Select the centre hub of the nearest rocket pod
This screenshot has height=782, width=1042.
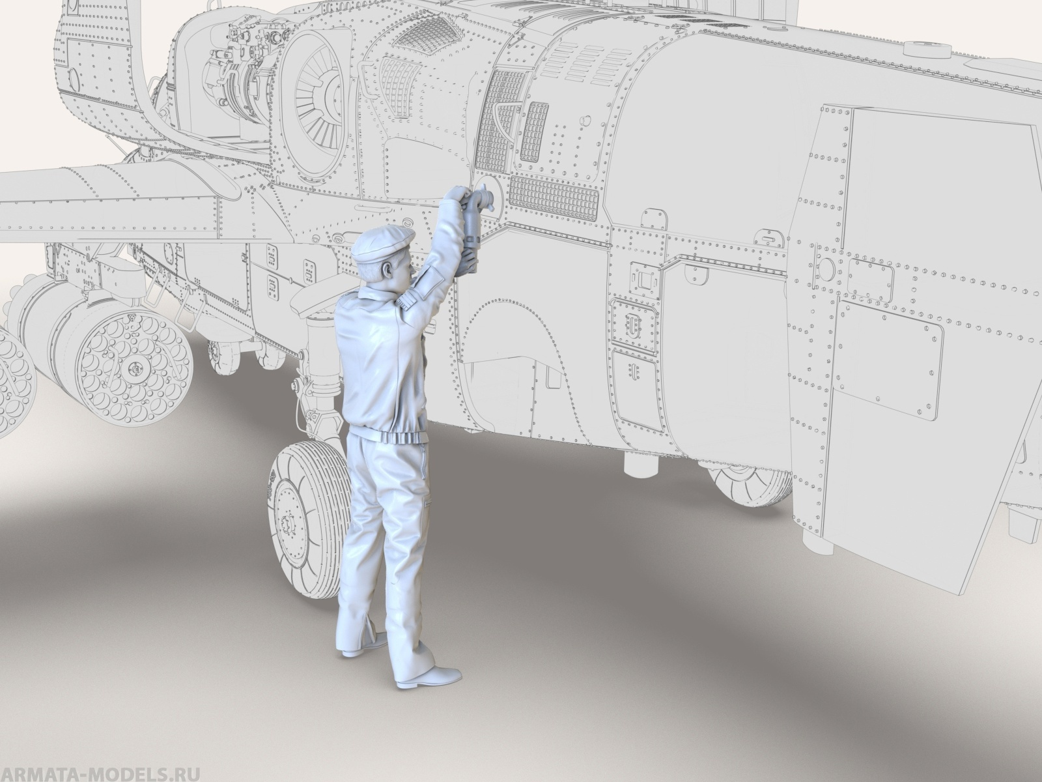coord(135,366)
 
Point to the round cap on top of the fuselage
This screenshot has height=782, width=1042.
coord(926,48)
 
